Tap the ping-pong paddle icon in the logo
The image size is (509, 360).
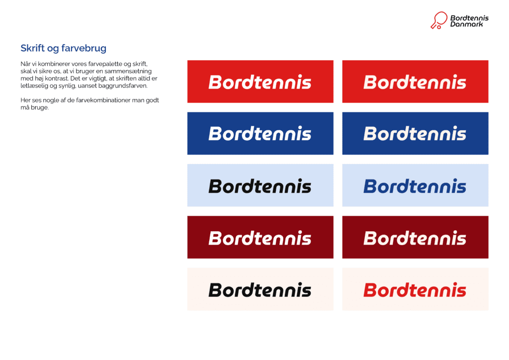point(438,20)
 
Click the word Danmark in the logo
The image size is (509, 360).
point(466,24)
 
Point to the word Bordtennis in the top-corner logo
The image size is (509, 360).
point(469,18)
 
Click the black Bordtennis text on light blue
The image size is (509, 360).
point(259,186)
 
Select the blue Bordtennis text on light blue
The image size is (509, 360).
point(415,186)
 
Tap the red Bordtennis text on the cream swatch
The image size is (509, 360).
point(415,290)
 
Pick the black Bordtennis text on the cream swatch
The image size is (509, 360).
point(259,290)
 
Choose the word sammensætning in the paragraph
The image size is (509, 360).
point(136,72)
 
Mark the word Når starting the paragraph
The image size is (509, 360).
point(26,65)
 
